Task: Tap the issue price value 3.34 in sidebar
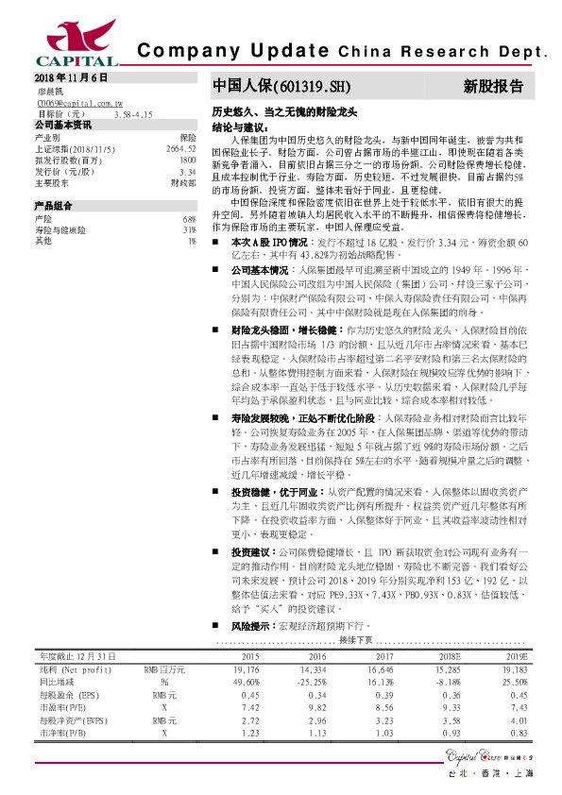click(187, 172)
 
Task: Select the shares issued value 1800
click(187, 161)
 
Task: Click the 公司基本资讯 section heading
click(63, 125)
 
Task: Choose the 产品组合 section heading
click(53, 206)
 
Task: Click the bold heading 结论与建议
click(241, 126)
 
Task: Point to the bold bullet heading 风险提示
click(247, 625)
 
